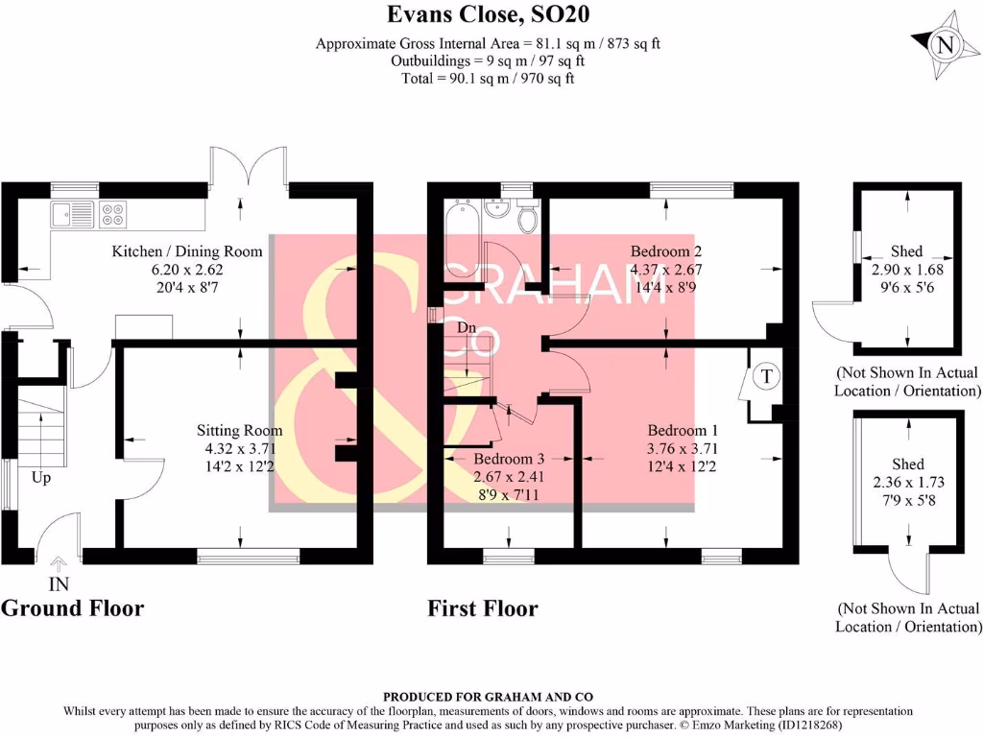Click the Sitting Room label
coord(240,430)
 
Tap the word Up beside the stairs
coord(41,477)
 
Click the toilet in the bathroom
coord(526,218)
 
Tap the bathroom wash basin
coord(496,208)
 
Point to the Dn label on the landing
coord(468,327)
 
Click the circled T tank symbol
coord(766,375)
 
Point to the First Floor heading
coord(482,607)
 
